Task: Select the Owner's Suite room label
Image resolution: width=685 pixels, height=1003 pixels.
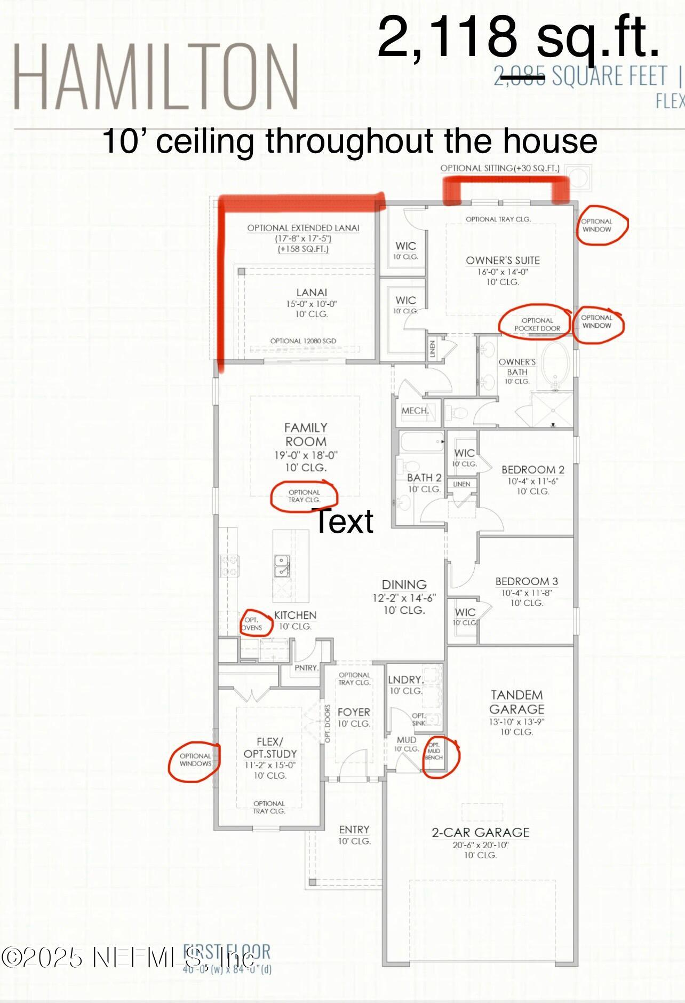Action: pos(503,260)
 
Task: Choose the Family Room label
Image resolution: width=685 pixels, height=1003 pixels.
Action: pos(306,435)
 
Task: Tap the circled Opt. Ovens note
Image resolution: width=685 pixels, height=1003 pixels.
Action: pos(252,623)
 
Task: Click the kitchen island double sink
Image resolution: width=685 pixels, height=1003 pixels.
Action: pos(282,566)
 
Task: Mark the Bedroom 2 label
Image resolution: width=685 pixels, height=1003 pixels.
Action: pos(532,470)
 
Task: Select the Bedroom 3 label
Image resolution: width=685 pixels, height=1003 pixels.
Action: pos(527,581)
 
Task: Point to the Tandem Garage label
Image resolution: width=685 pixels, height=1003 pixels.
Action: pos(516,702)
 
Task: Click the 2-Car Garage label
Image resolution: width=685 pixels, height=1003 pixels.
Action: pos(480,832)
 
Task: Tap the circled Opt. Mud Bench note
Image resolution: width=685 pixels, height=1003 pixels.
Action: pos(434,751)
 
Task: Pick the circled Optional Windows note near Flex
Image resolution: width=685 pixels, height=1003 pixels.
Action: pos(195,760)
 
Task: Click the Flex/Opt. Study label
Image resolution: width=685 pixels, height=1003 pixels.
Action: pos(270,748)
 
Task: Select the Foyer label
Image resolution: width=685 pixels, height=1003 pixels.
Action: pos(354,712)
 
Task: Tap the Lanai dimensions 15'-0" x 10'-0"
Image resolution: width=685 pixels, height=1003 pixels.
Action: pos(312,304)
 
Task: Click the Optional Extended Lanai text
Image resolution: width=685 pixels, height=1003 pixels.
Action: pos(303,228)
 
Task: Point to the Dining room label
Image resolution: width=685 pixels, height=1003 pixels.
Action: pos(404,585)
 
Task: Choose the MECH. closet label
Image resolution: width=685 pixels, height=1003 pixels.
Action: pos(415,410)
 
